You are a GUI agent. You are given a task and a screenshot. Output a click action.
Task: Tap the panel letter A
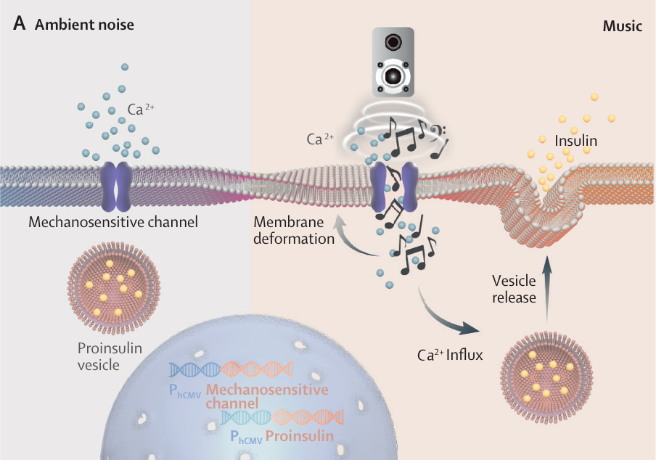19,25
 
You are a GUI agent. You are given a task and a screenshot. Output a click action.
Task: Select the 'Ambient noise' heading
83,25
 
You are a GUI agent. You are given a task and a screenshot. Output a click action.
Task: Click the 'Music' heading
622,26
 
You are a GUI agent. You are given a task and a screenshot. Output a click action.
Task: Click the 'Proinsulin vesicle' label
101,357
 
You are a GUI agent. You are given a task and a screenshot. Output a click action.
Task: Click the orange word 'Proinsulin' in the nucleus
299,435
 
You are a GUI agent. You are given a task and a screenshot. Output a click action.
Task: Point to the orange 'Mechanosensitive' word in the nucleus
267,390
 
